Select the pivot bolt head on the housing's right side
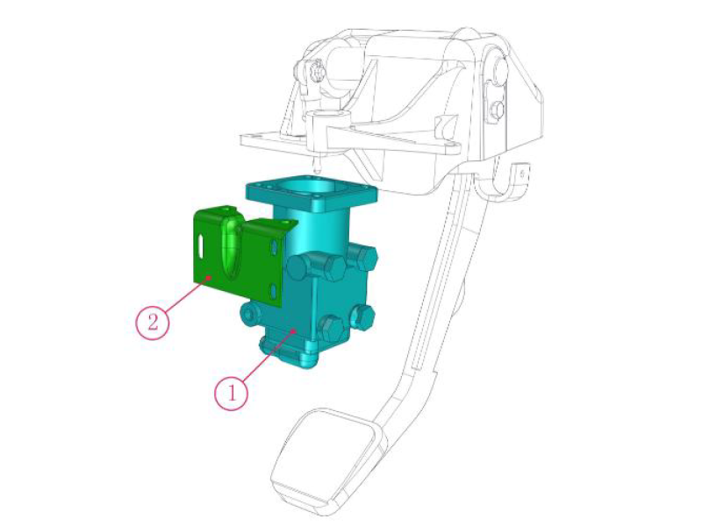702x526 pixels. [498, 109]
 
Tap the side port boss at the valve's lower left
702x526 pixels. [247, 312]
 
